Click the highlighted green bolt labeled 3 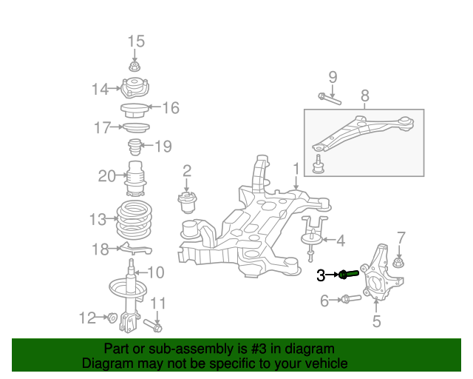pyautogui.click(x=349, y=275)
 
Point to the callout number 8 pyautogui.click(x=364, y=95)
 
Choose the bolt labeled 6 pyautogui.click(x=350, y=300)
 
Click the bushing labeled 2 pyautogui.click(x=188, y=201)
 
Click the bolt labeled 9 pyautogui.click(x=328, y=97)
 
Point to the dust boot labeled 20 pyautogui.click(x=135, y=177)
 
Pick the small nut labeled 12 pyautogui.click(x=112, y=318)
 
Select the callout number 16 pyautogui.click(x=170, y=109)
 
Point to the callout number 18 pyautogui.click(x=100, y=249)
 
